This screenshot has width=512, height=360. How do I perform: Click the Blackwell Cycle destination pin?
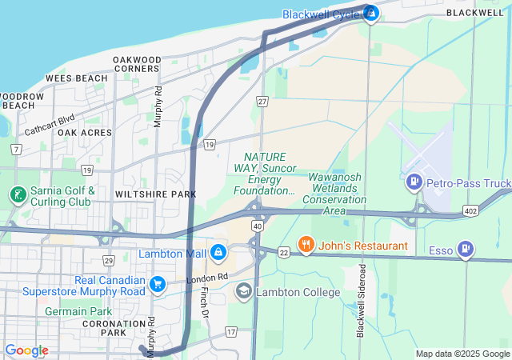370,13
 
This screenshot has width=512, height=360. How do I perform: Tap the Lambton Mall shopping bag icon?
218,254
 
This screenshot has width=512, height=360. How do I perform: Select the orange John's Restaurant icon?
304,245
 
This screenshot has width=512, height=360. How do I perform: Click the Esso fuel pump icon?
465,251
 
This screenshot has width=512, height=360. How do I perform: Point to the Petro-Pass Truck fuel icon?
414,183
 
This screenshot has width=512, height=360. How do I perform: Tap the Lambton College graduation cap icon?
243,292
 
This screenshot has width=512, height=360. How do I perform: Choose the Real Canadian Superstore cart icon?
158,284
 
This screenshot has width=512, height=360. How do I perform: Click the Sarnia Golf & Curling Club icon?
17,195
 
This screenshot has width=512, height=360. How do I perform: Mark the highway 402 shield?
470,210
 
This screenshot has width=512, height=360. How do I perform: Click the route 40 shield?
258,226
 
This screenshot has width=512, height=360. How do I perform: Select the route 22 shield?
283,252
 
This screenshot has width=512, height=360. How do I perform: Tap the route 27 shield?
262,101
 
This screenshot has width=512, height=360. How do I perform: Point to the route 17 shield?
231,331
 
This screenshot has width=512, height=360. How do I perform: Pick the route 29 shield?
109,261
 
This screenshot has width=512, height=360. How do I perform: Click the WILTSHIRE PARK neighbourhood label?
155,194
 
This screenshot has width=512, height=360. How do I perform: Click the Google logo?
26,350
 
